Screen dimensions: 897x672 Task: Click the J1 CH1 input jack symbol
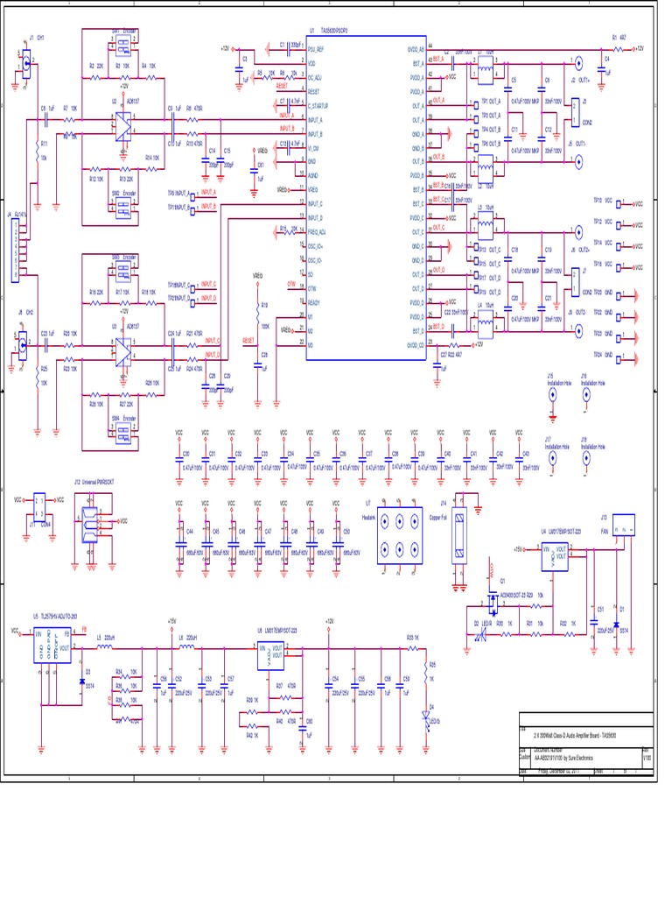click(26, 63)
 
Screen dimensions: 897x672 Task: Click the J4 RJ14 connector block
click(15, 251)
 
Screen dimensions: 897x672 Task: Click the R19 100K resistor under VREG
click(257, 310)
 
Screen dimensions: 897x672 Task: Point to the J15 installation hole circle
click(552, 395)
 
